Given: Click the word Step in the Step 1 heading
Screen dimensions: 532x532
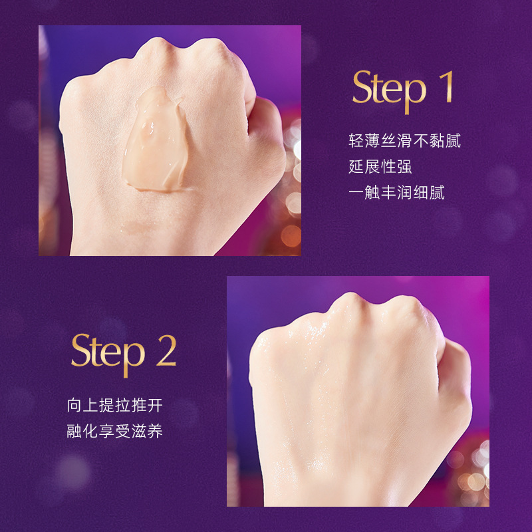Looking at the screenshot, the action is (389, 90).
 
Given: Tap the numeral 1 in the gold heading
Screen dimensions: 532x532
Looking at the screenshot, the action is (447, 86).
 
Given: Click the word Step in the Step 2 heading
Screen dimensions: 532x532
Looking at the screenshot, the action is (108, 354).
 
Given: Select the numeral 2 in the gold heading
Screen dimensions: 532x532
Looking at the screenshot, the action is (166, 350).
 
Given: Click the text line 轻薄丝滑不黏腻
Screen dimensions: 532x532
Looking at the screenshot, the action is (405, 140).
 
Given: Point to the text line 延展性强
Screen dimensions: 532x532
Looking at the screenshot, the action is (380, 167).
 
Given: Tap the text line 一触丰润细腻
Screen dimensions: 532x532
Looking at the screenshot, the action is (396, 192).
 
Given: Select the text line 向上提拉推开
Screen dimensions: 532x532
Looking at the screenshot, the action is (114, 406).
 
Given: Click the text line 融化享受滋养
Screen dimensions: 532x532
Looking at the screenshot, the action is (114, 431).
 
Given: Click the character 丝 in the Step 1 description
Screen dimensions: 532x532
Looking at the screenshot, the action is (388, 140).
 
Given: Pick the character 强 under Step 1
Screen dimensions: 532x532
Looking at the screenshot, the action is (404, 167).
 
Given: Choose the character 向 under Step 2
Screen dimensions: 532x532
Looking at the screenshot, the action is (74, 406).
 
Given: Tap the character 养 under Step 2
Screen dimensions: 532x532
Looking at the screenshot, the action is (156, 431).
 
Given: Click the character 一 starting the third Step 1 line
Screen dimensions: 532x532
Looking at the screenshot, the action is (356, 192).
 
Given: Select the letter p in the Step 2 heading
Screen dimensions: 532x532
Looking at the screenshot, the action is (134, 360).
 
